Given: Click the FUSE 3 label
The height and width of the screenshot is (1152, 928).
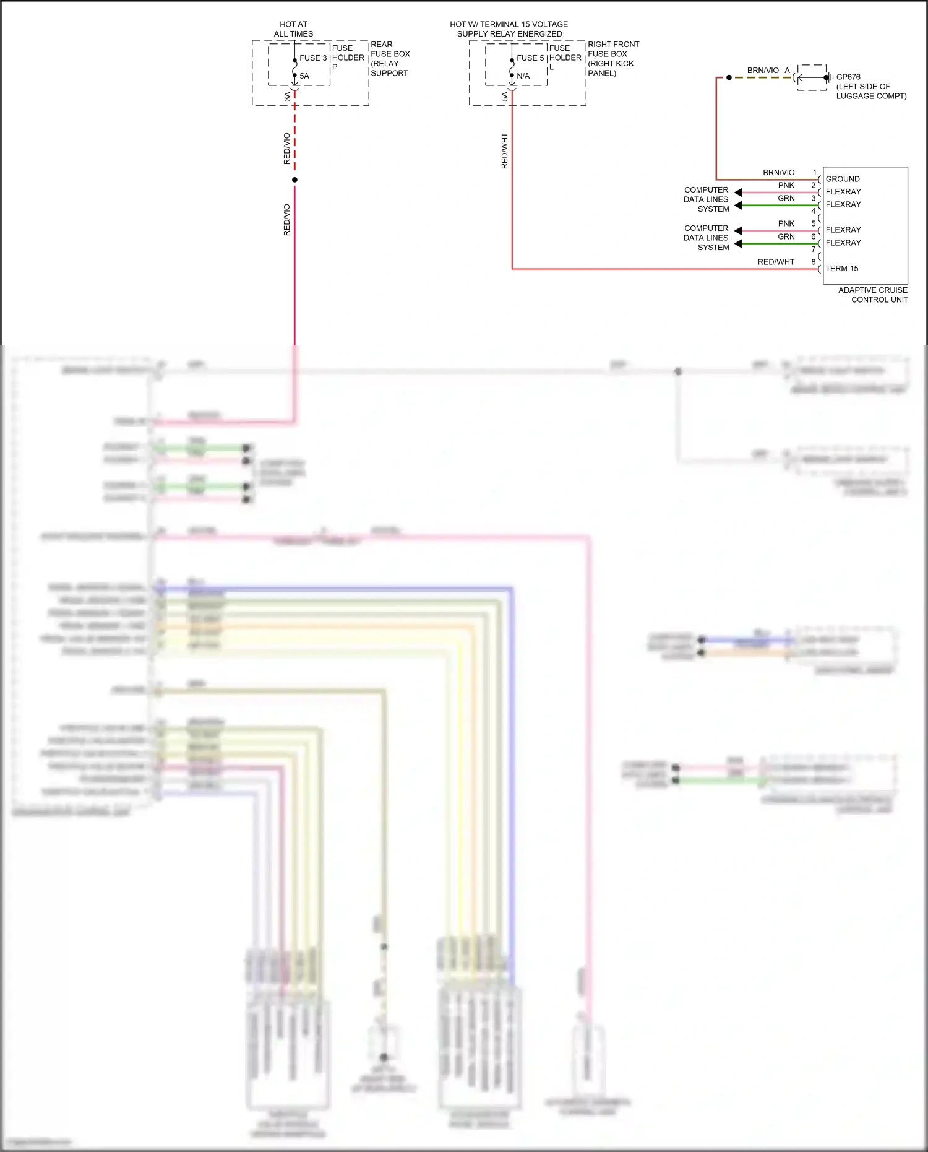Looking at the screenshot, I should (x=313, y=58).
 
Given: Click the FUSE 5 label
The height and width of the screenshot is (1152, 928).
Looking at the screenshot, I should (x=530, y=58).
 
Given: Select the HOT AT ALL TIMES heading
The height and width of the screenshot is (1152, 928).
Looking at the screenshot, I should (x=293, y=29).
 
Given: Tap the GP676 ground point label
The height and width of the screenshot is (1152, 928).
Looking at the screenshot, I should (x=848, y=77).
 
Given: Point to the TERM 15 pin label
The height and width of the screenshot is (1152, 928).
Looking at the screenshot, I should (x=842, y=269).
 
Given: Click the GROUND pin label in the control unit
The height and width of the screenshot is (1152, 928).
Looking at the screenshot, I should (x=843, y=179).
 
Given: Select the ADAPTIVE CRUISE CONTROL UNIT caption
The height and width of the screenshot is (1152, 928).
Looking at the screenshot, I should (x=873, y=295).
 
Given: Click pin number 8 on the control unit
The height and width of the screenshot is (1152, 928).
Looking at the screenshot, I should (x=814, y=262).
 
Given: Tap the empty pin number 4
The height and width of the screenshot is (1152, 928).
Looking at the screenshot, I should (x=814, y=211).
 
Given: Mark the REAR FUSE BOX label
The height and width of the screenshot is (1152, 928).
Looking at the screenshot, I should (x=390, y=59).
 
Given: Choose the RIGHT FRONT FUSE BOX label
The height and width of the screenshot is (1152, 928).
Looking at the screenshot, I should (x=612, y=59).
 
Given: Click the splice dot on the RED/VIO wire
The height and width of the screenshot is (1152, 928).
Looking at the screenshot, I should (x=294, y=180).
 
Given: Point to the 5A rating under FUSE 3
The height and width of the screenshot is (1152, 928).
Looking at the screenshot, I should (x=304, y=76).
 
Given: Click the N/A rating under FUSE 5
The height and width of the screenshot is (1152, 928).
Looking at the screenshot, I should (x=523, y=76).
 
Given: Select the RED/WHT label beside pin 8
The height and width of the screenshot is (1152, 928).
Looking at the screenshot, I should (x=776, y=262).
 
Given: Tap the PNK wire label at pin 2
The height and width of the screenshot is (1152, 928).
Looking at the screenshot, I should (x=786, y=185).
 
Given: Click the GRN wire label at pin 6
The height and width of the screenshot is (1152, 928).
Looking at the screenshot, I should (x=786, y=236).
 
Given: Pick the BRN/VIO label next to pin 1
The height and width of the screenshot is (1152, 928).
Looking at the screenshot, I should (x=778, y=173).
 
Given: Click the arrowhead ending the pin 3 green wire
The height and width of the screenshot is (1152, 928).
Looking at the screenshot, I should (x=738, y=206).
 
